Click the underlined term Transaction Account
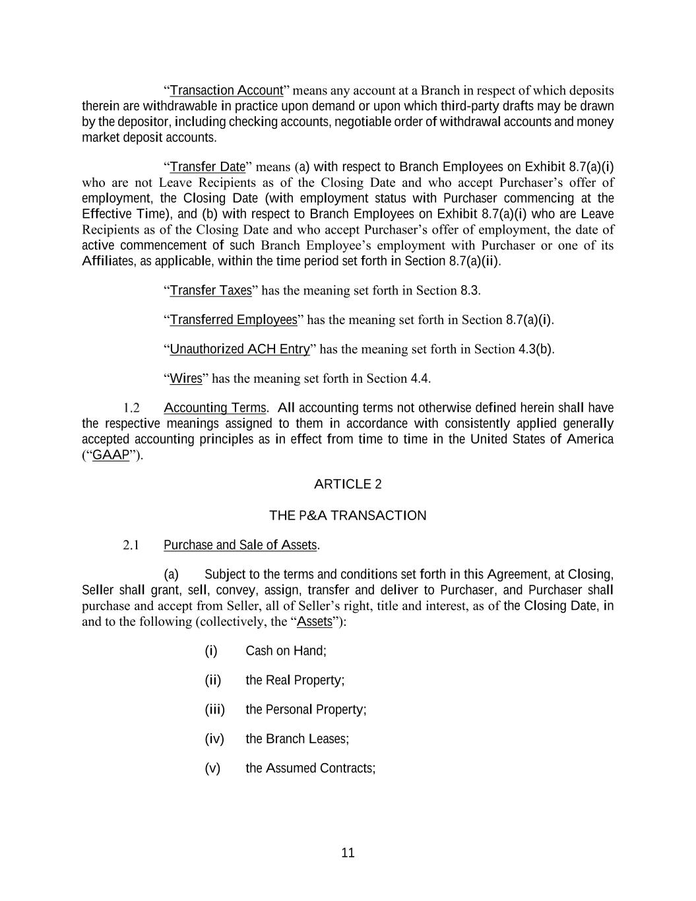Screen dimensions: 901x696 (226, 90)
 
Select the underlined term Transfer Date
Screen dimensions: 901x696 (207, 166)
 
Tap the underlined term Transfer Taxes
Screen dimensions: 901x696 (210, 290)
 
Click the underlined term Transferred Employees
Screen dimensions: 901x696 (234, 320)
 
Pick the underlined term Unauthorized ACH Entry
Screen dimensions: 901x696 (239, 349)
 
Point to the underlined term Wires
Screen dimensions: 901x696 (185, 378)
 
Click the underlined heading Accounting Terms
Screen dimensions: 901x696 (214, 408)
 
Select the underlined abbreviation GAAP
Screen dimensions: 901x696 (111, 455)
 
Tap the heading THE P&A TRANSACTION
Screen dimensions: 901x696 (348, 516)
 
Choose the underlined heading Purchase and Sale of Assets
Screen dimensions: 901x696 (240, 545)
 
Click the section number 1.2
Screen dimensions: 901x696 (131, 408)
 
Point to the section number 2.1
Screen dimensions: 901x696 (131, 545)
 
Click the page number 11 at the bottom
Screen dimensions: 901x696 (348, 853)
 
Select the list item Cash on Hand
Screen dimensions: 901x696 (286, 651)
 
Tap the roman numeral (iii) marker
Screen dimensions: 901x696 (214, 710)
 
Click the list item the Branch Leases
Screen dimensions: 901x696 (297, 739)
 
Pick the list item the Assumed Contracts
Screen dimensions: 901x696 (310, 768)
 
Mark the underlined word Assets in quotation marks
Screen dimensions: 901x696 (315, 622)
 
